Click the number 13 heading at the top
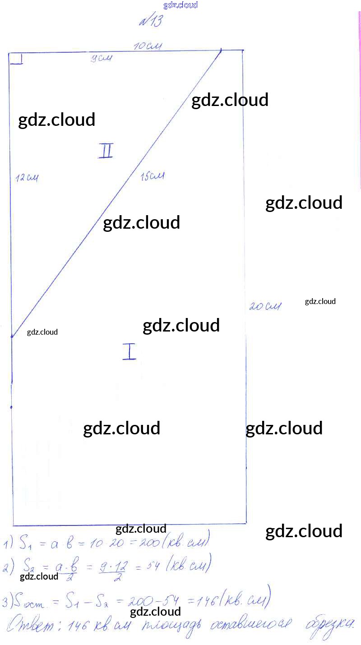point(151,22)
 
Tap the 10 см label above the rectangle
point(148,46)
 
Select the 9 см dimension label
point(101,58)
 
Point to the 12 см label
point(27,178)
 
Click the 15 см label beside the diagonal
point(152,176)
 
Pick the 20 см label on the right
point(265,306)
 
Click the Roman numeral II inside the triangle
point(106,151)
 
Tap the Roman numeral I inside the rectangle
point(130,351)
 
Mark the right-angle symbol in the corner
point(16,59)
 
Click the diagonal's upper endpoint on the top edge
point(221,51)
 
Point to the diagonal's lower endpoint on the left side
point(12,336)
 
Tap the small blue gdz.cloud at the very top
point(180,5)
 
